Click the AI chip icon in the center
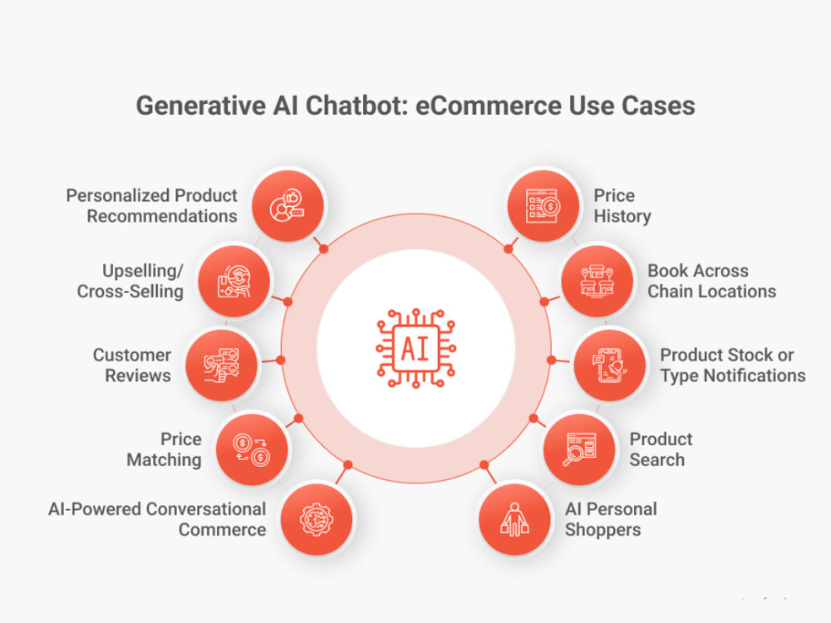click(x=416, y=348)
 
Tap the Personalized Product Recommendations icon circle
click(x=288, y=205)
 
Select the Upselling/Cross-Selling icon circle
click(x=234, y=281)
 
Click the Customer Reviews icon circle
click(x=222, y=365)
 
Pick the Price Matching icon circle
click(x=252, y=449)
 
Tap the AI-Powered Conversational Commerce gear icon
click(x=317, y=519)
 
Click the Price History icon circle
click(x=543, y=205)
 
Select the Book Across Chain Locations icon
click(x=597, y=281)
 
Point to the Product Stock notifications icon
click(x=610, y=365)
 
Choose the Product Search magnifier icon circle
click(x=579, y=449)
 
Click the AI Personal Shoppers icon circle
click(x=514, y=519)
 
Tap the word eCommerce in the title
click(x=488, y=105)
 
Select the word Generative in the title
click(x=201, y=106)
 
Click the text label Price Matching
click(x=165, y=449)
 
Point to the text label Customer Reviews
click(x=132, y=365)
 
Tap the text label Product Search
click(x=661, y=449)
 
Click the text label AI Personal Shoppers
click(x=611, y=519)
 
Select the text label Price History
click(x=622, y=205)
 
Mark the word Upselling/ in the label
click(x=143, y=271)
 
